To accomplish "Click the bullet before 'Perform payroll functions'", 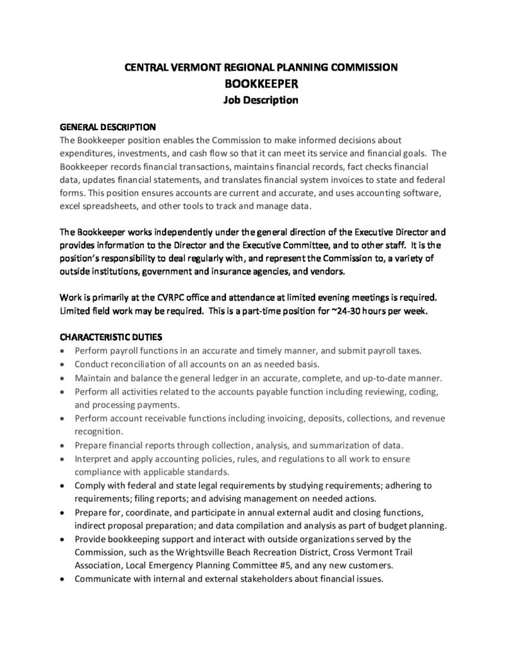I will [x=61, y=351].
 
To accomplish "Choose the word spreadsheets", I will [x=112, y=207].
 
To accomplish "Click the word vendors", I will [x=328, y=271].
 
